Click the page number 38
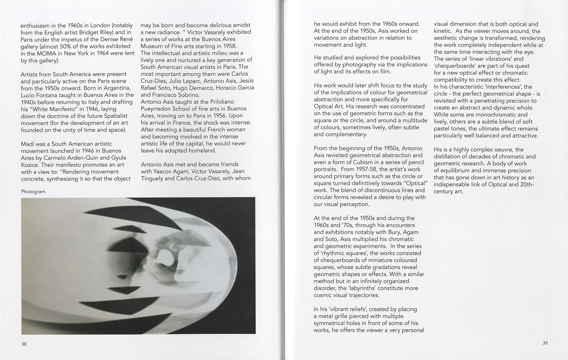click(x=24, y=344)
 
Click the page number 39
click(x=545, y=343)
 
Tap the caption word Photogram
click(x=33, y=192)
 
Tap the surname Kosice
click(x=30, y=165)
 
